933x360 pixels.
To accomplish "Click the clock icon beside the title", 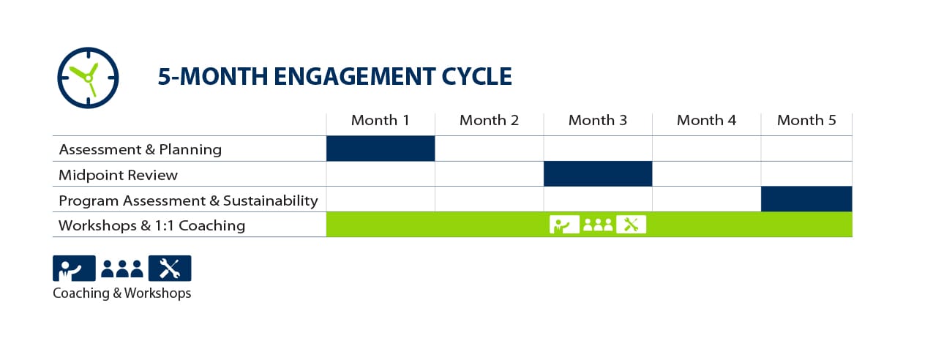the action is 88,78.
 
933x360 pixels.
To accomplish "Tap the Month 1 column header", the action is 381,121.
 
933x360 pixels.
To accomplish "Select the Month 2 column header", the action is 489,121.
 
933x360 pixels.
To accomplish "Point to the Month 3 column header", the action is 598,121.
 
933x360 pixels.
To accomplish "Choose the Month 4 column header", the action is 706,121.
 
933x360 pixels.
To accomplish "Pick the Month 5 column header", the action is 806,121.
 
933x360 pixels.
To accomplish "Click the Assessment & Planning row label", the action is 140,149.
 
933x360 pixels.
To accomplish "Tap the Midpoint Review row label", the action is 119,175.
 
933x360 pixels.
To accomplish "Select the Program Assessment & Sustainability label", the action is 188,200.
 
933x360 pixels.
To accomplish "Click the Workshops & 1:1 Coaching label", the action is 151,225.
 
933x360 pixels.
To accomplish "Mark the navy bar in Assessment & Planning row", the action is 381,149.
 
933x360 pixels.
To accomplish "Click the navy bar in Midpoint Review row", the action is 598,173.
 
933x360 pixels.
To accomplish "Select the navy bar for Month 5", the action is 806,199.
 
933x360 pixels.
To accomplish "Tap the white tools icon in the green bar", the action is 631,225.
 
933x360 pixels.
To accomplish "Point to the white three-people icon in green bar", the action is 598,225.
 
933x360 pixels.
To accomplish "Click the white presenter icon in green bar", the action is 564,225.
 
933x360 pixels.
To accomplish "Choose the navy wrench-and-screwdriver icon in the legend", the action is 170,269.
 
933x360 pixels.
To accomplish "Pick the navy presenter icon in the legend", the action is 74,269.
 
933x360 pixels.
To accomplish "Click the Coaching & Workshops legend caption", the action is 121,293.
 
